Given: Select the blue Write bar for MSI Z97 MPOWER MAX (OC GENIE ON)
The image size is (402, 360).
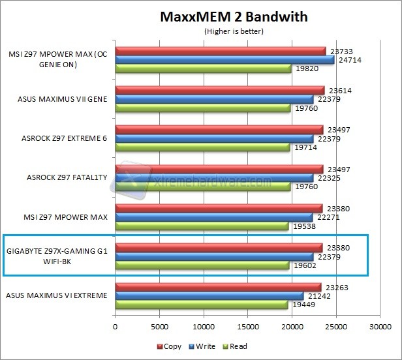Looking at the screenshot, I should pos(224,59).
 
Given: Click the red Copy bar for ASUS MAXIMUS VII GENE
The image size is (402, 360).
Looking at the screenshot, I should pos(220,91).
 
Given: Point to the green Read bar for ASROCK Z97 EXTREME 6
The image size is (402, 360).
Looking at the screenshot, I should pos(202,147).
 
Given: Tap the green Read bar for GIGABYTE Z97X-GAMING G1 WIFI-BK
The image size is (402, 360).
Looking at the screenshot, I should pos(202,265).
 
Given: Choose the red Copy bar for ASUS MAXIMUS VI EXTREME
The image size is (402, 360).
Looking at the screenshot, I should pos(218,287).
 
